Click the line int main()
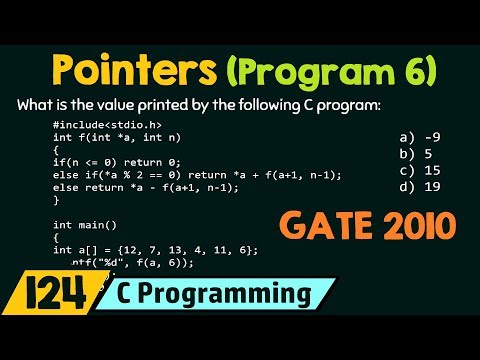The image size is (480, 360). coord(84,225)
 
